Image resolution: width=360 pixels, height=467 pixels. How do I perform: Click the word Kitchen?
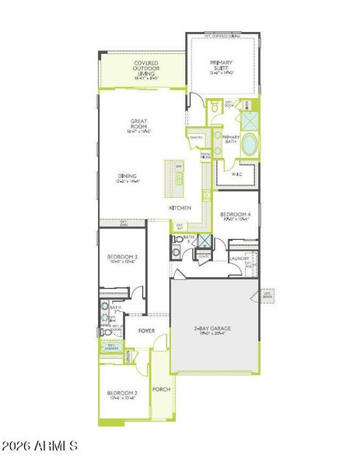[x=180, y=208]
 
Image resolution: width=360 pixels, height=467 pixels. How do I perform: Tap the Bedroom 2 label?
[x=122, y=393]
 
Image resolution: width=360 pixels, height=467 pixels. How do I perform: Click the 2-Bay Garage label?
[x=212, y=328]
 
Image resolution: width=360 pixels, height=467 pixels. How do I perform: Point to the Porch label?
[x=161, y=389]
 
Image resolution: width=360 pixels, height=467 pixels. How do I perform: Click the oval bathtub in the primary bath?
[x=250, y=145]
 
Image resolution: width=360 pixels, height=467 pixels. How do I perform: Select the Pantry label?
[x=196, y=137]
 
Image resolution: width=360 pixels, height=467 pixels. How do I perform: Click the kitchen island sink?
[x=179, y=181]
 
